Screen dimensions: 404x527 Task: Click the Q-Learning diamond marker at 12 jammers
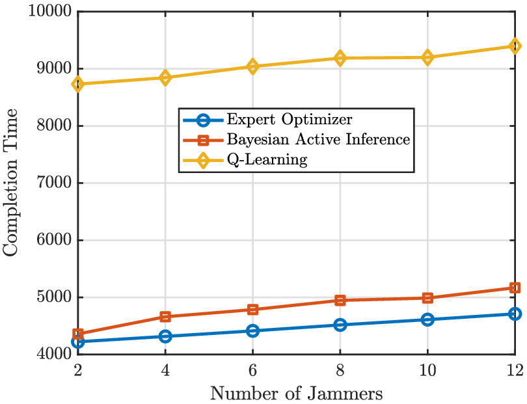(x=515, y=46)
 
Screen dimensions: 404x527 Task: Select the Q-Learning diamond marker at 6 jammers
(x=252, y=66)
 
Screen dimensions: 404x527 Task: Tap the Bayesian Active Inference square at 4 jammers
(x=165, y=317)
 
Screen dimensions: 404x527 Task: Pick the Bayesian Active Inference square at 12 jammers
(x=515, y=288)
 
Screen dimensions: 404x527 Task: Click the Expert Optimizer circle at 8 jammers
(x=340, y=325)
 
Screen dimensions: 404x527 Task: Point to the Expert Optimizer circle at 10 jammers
(x=427, y=319)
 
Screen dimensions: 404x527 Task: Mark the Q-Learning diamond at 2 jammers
(x=77, y=84)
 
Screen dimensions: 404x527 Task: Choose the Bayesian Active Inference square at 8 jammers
(x=340, y=300)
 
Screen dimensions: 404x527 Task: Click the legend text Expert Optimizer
(x=290, y=120)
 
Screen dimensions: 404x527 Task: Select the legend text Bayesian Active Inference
(x=318, y=139)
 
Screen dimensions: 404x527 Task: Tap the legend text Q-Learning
(x=267, y=159)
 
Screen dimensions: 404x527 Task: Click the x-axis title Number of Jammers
(x=296, y=393)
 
